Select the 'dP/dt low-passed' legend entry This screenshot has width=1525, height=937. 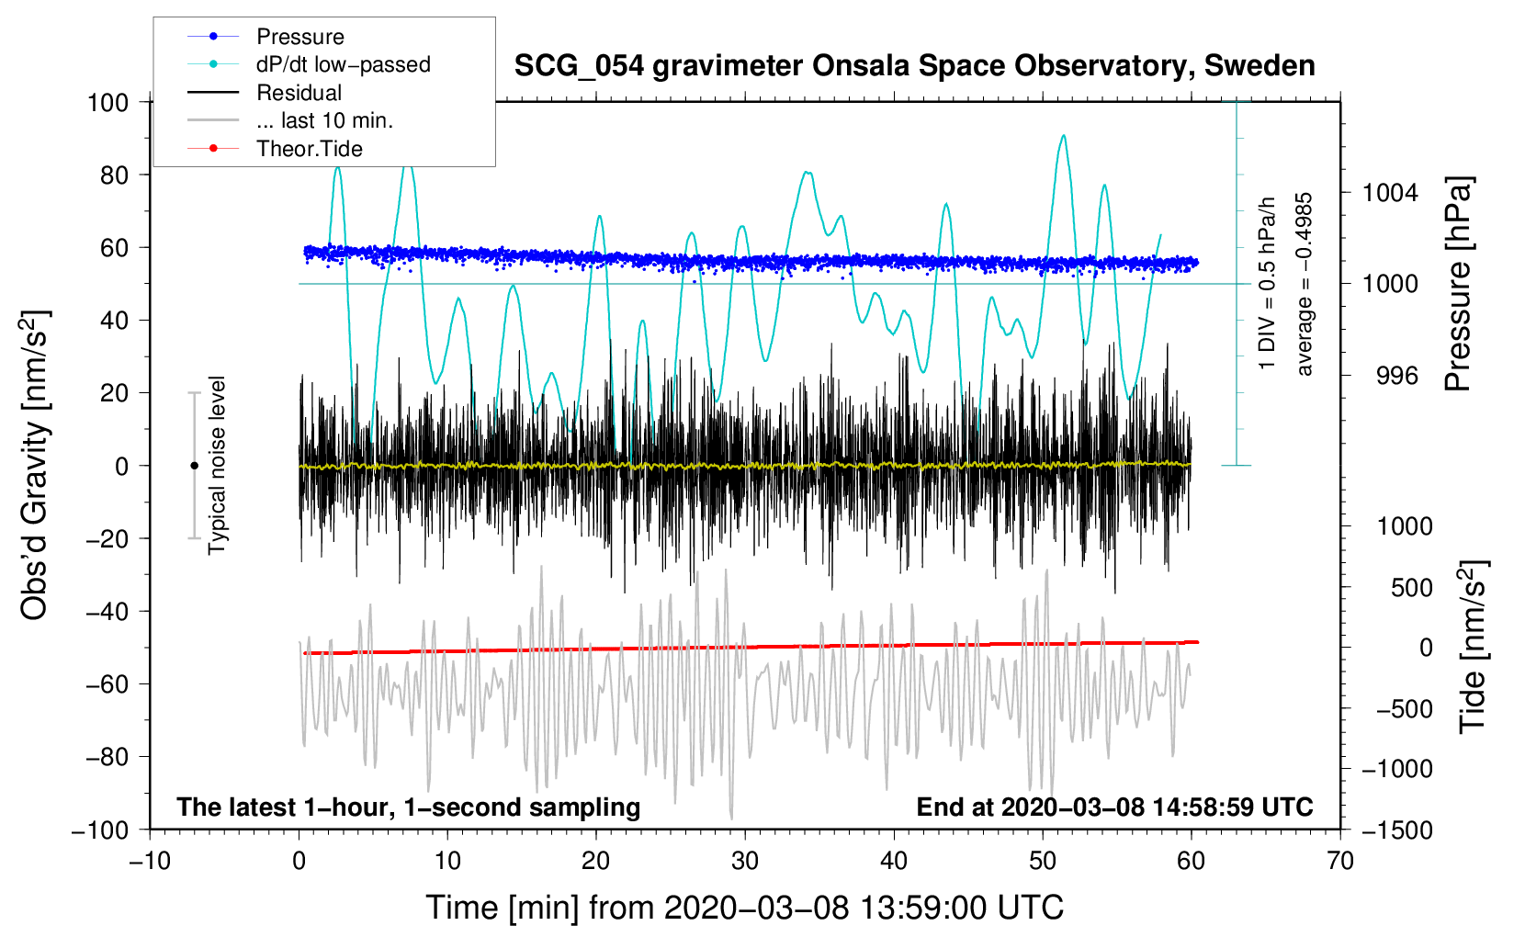click(x=343, y=64)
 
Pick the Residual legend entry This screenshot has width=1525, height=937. click(x=299, y=93)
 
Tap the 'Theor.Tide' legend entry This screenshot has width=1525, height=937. click(x=309, y=149)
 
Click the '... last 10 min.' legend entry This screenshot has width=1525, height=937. click(x=324, y=120)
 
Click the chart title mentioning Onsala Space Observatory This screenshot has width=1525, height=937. click(x=914, y=66)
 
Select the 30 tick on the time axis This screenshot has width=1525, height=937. click(x=745, y=861)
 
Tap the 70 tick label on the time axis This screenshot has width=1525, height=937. click(x=1340, y=861)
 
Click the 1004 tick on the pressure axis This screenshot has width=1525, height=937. click(x=1390, y=193)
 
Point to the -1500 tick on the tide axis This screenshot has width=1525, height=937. click(x=1397, y=830)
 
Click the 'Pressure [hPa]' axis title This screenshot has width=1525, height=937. click(x=1459, y=285)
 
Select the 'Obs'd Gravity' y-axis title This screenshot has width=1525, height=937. click(x=35, y=466)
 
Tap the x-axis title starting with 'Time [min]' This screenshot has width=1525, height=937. click(x=745, y=908)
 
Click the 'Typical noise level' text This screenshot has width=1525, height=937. click(x=217, y=465)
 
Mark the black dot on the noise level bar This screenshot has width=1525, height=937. click(x=194, y=466)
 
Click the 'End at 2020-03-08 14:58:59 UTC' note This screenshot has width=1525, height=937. click(x=1114, y=807)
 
